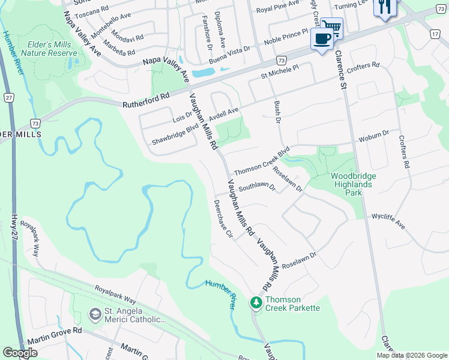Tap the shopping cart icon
tap(331, 26)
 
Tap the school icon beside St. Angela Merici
tap(94, 314)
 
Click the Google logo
tap(20, 353)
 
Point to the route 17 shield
tap(435, 34)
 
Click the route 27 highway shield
tap(8, 97)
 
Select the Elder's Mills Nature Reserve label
tap(50, 49)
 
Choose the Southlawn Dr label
tap(256, 187)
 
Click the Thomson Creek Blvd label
tap(262, 161)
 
